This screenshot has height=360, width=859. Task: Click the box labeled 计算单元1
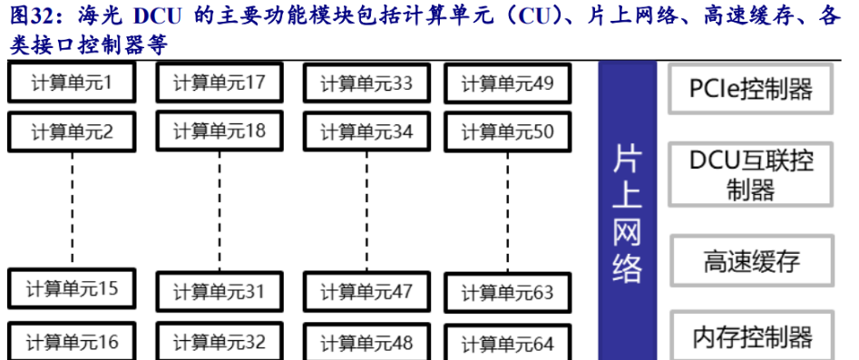[72, 83]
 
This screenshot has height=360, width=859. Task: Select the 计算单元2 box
[72, 131]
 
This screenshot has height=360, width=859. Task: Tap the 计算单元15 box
[72, 289]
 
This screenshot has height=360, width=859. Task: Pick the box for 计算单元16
[72, 341]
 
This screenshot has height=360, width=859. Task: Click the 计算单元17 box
[219, 83]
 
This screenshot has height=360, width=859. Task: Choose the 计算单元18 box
[219, 131]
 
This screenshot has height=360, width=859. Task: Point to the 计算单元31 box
[219, 291]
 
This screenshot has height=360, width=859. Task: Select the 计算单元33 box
[366, 84]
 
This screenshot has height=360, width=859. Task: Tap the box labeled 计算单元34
[366, 131]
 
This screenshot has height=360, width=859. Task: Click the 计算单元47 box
[366, 291]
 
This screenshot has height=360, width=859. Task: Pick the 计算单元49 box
[507, 84]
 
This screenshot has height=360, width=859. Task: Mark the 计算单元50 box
[507, 131]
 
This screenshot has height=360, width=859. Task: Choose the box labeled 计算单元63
[507, 293]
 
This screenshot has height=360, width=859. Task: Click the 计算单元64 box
[507, 344]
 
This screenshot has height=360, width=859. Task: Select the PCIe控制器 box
[751, 89]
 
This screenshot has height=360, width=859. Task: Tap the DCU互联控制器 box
[751, 174]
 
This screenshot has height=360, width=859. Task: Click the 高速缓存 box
[751, 263]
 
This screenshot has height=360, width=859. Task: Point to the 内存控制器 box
[751, 337]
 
